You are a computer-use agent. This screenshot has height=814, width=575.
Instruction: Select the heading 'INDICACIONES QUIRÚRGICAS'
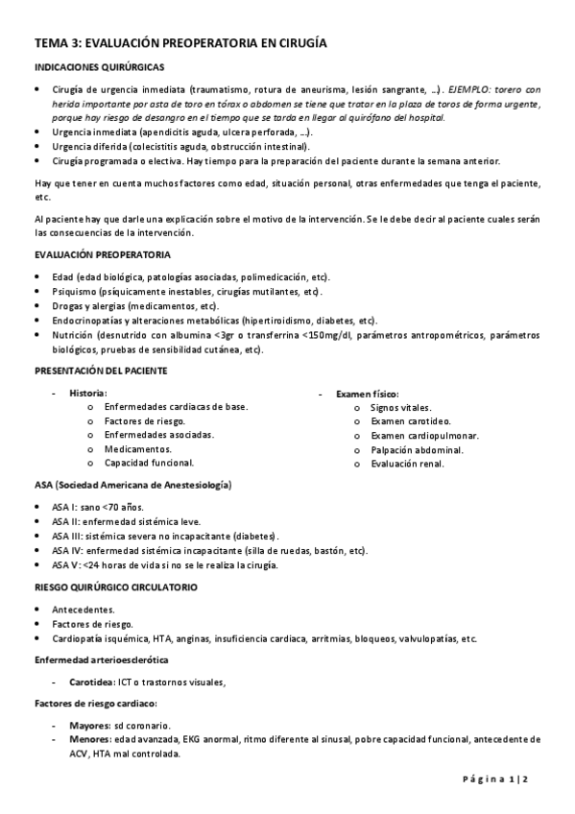pyautogui.click(x=99, y=67)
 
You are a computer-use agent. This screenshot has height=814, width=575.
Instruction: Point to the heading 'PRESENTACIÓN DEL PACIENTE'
pyautogui.click(x=101, y=370)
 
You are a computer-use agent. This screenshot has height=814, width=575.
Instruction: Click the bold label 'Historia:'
pyautogui.click(x=88, y=393)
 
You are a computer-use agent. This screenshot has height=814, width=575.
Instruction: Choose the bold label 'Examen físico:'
pyautogui.click(x=368, y=393)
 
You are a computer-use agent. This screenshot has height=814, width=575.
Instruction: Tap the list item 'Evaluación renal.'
pyautogui.click(x=407, y=463)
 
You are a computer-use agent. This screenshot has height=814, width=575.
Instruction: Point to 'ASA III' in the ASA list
pyautogui.click(x=66, y=535)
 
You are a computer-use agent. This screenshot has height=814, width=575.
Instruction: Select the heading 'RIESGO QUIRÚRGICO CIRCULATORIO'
pyautogui.click(x=116, y=586)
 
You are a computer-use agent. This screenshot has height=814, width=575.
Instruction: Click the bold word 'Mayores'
pyautogui.click(x=89, y=725)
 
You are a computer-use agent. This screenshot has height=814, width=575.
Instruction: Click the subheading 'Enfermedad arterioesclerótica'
pyautogui.click(x=101, y=660)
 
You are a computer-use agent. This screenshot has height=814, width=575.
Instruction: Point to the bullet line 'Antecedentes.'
pyautogui.click(x=84, y=609)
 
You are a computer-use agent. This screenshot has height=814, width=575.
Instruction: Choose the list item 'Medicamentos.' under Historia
pyautogui.click(x=138, y=448)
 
